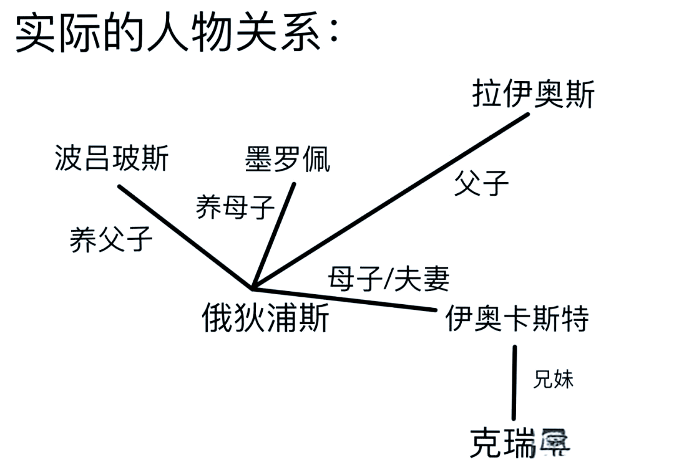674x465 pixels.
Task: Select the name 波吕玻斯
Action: (x=112, y=158)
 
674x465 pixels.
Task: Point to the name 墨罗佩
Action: (x=288, y=159)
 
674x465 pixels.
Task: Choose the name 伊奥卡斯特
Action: (x=517, y=320)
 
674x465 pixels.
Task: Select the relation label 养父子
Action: (x=111, y=239)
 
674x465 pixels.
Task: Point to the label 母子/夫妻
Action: (x=389, y=280)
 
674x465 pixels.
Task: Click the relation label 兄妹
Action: (x=553, y=380)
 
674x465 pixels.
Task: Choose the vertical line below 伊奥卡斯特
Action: (x=515, y=383)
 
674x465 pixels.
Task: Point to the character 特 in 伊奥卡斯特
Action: (x=575, y=320)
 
